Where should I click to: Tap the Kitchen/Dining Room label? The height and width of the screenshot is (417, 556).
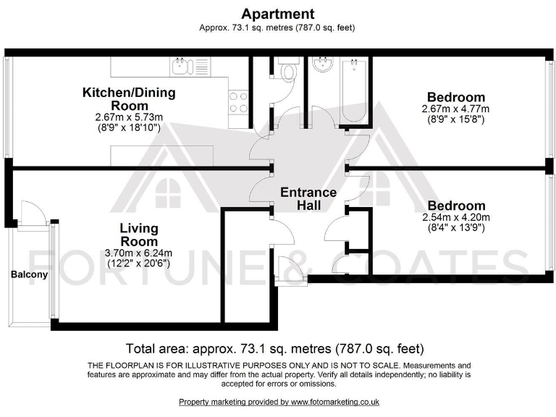pos(128,99)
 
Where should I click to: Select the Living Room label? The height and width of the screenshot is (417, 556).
pos(139,235)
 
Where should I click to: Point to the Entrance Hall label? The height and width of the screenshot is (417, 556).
pos(308,198)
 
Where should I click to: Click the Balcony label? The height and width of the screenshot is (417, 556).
pos(29,274)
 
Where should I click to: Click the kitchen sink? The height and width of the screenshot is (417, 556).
pos(180,68)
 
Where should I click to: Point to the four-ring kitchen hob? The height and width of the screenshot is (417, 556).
pos(238,101)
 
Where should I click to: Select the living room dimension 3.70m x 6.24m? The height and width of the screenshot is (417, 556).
pos(139,253)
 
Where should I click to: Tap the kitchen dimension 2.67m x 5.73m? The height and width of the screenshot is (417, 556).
pos(128,117)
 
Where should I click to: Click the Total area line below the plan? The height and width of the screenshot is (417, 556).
pos(274,347)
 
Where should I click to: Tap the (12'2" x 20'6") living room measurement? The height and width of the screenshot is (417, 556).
pos(139,264)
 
